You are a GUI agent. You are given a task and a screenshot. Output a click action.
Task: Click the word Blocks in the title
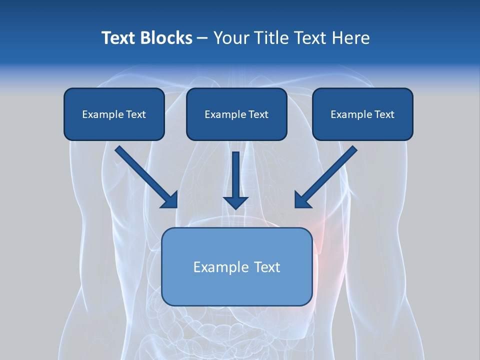tap(165, 38)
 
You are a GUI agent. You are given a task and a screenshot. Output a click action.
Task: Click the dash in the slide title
tap(202, 38)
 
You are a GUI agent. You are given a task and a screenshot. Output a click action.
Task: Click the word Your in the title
tap(230, 38)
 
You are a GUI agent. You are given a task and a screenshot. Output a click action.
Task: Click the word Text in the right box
tap(383, 114)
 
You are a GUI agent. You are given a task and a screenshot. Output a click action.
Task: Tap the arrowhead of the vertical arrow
tap(235, 202)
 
